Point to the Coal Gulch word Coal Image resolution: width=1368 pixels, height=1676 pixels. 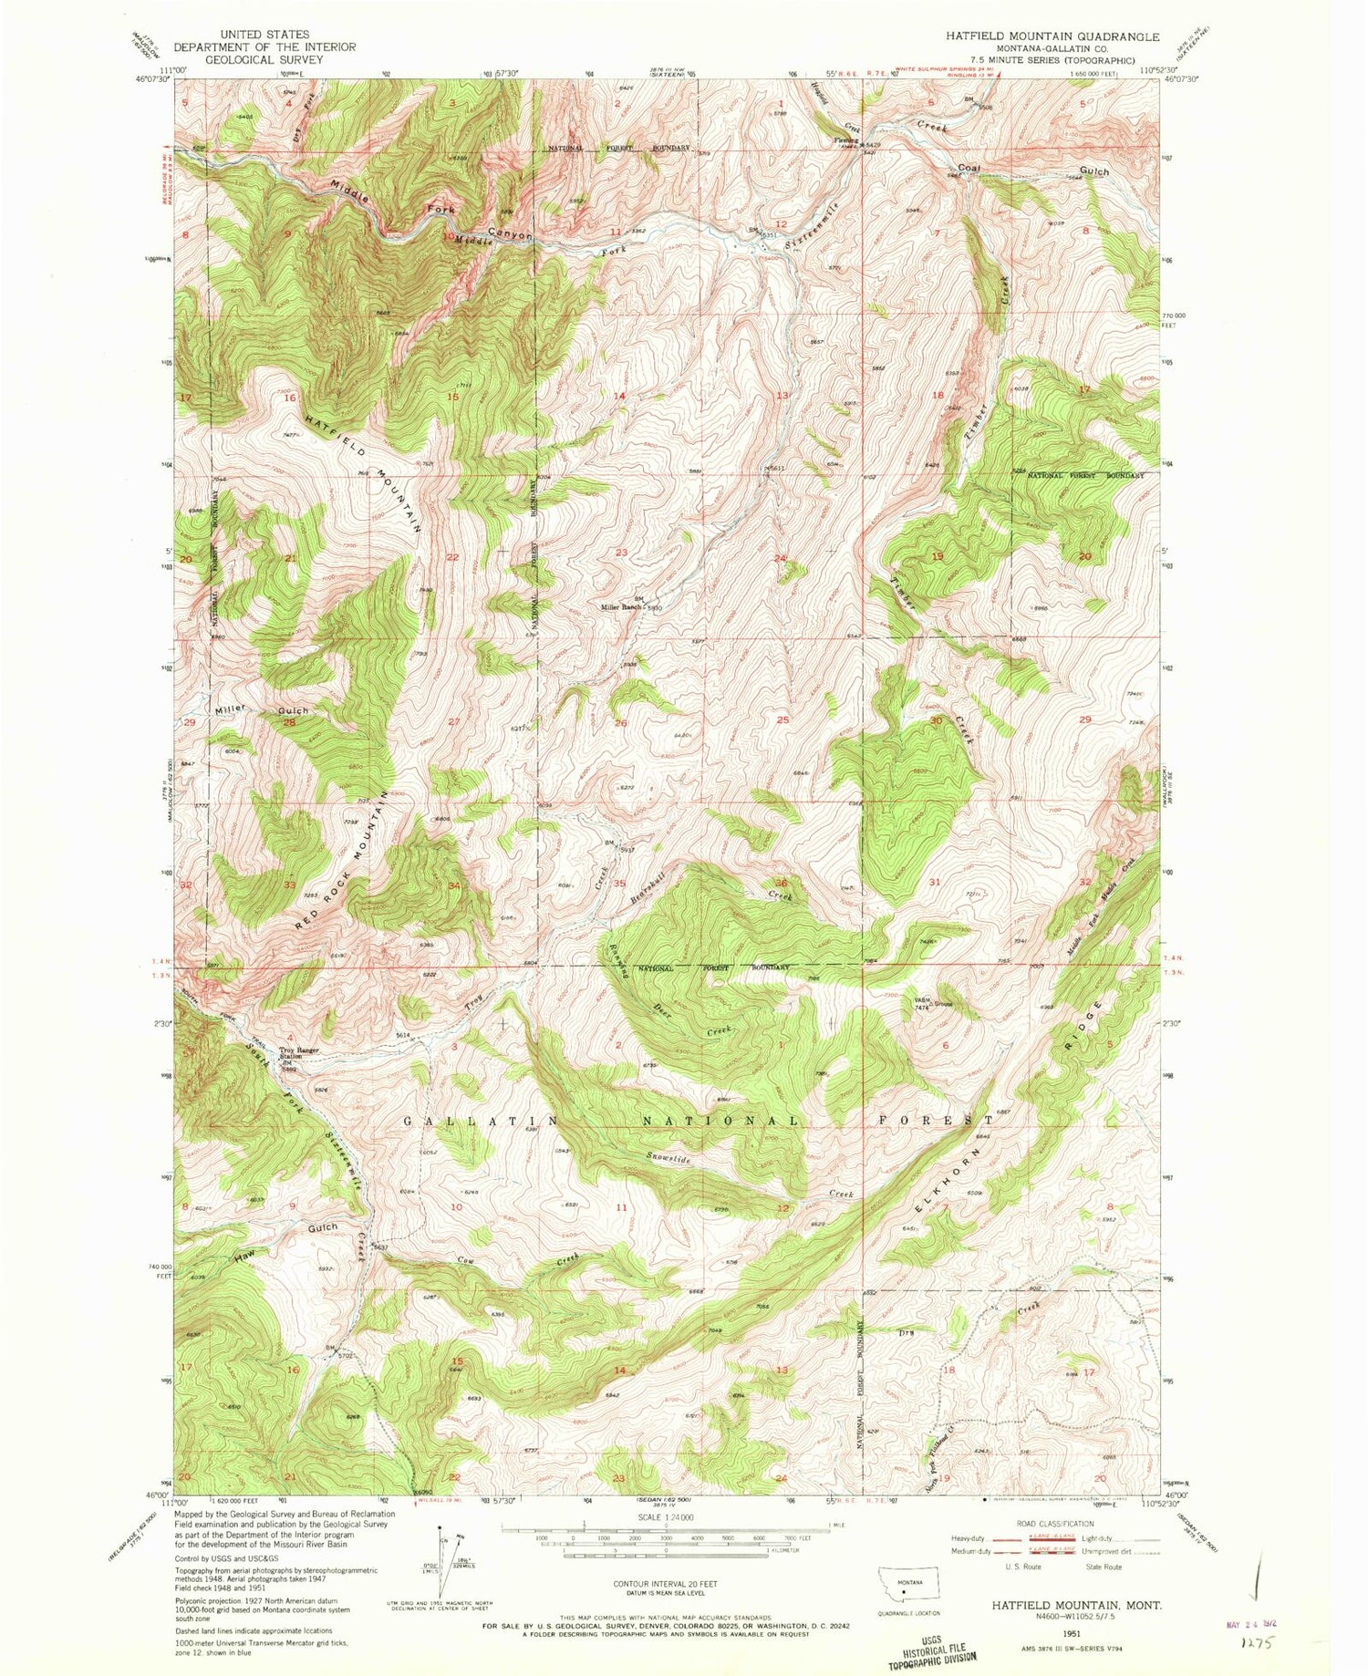[x=969, y=169]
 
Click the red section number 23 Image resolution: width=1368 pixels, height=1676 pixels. [x=622, y=553]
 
